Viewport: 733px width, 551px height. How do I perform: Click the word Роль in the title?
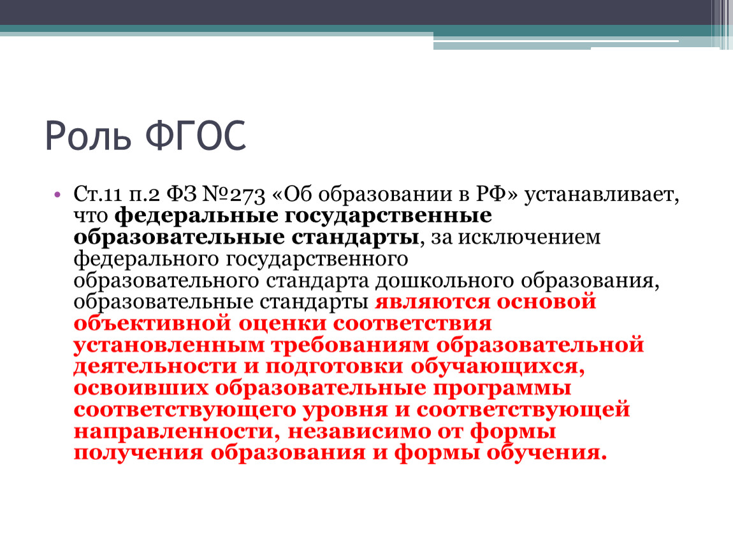[88, 135]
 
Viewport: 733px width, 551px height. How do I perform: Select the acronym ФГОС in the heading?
[196, 135]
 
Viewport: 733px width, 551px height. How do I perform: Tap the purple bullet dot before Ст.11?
[57, 195]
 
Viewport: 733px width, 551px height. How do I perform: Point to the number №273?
[234, 195]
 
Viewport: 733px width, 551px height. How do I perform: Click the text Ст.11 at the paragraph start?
[98, 195]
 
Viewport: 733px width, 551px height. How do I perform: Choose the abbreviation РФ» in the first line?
[497, 194]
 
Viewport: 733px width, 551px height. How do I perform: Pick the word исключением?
[528, 237]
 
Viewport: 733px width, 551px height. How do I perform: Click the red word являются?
[432, 302]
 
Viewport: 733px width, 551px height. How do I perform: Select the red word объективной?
[152, 324]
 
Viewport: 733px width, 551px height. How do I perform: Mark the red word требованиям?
[350, 346]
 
